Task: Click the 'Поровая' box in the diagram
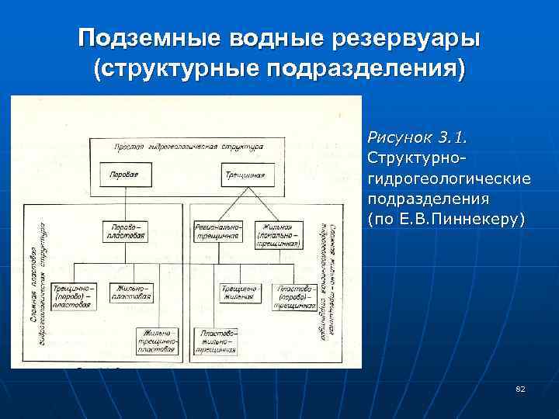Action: (x=124, y=175)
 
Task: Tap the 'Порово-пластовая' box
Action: (x=124, y=231)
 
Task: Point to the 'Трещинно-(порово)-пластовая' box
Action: (x=75, y=295)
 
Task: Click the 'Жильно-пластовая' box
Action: (x=131, y=293)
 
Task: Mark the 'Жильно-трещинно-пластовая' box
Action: (x=158, y=341)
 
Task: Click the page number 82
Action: (x=520, y=388)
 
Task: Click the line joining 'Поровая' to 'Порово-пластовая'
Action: (x=124, y=202)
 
